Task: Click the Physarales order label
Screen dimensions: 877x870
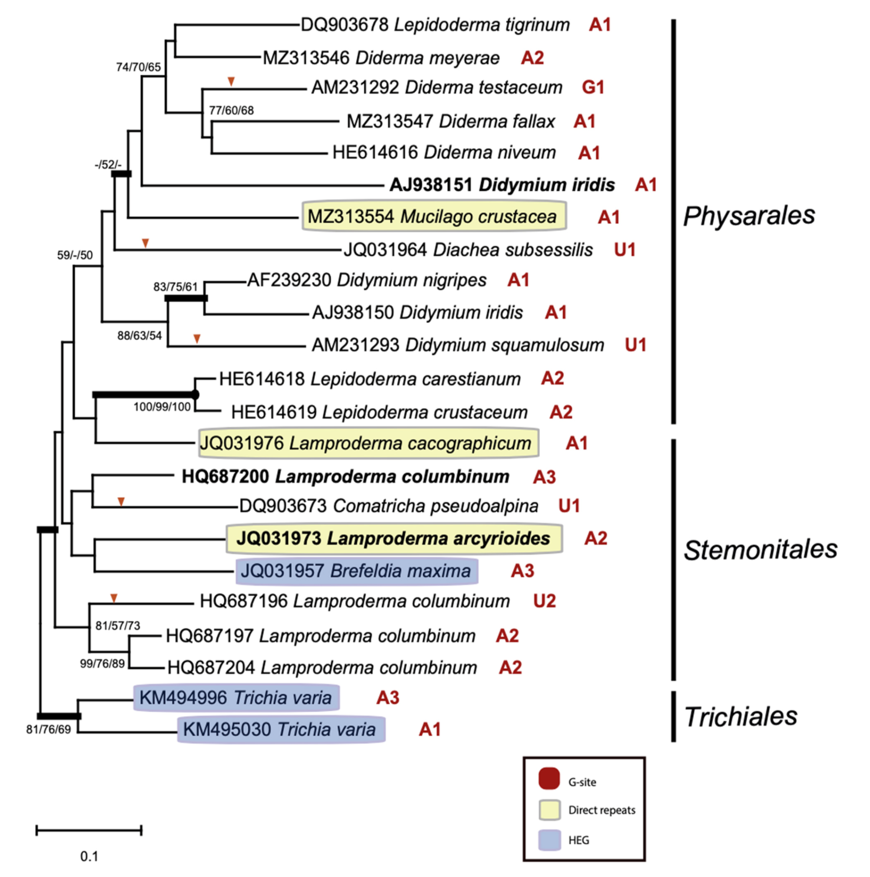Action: tap(748, 216)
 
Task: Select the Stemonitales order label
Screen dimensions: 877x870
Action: tap(760, 550)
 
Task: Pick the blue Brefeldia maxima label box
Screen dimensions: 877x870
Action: tap(356, 570)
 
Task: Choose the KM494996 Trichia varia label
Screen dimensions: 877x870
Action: tap(236, 698)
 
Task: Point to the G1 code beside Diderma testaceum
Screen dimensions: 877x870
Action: tap(593, 87)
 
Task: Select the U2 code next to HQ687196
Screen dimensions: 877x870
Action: tap(545, 601)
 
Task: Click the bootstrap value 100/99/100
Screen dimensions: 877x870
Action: tap(162, 407)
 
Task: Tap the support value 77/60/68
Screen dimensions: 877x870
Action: tap(231, 110)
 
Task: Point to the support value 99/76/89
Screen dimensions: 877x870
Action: tap(103, 664)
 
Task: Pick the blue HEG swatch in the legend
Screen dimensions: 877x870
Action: tap(549, 840)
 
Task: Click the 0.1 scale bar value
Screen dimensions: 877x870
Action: tap(90, 857)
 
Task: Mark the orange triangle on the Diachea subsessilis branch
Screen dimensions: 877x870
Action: tap(145, 243)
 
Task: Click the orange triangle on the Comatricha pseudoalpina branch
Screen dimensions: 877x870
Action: tap(121, 501)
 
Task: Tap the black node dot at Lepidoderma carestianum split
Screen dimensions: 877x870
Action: tap(195, 394)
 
